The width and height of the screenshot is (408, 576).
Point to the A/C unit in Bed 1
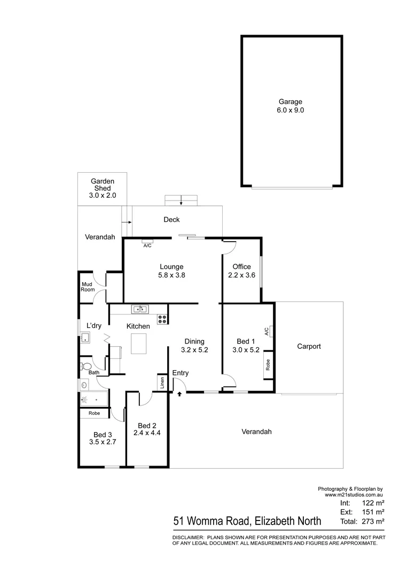click(271, 331)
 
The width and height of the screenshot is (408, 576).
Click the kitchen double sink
click(141, 309)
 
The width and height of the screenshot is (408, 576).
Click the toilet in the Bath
click(85, 366)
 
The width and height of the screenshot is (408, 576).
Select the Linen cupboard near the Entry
click(161, 382)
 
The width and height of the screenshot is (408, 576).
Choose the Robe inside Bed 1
click(268, 365)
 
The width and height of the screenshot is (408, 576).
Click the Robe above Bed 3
click(95, 413)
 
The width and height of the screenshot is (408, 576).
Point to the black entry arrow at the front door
click(179, 395)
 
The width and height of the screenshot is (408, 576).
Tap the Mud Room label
click(88, 287)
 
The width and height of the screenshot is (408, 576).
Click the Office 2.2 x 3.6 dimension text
click(241, 275)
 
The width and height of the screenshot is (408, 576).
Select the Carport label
click(309, 346)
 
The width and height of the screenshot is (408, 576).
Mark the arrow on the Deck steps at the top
click(182, 201)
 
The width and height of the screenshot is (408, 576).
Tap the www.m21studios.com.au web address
click(354, 495)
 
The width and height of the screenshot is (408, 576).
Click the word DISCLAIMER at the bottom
click(187, 537)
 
